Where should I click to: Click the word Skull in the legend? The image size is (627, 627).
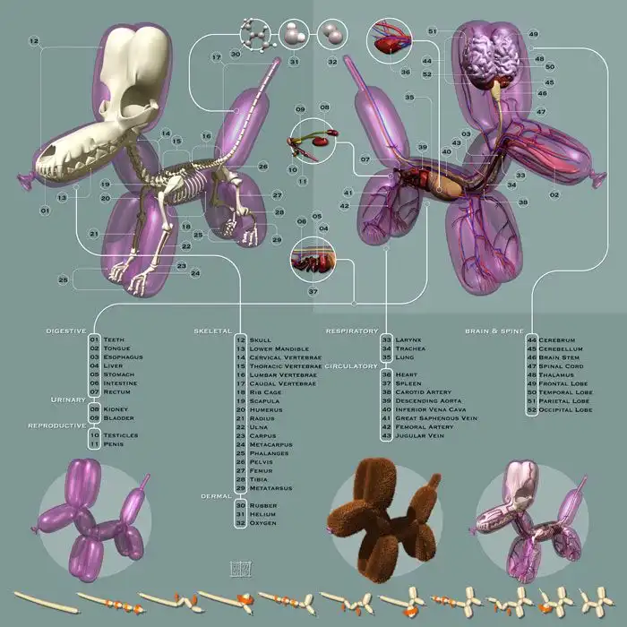click(261, 340)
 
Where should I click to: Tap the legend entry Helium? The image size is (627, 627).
click(262, 514)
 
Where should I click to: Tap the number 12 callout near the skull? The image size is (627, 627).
click(33, 41)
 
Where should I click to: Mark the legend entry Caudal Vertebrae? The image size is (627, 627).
click(278, 383)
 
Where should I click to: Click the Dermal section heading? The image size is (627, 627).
click(216, 494)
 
